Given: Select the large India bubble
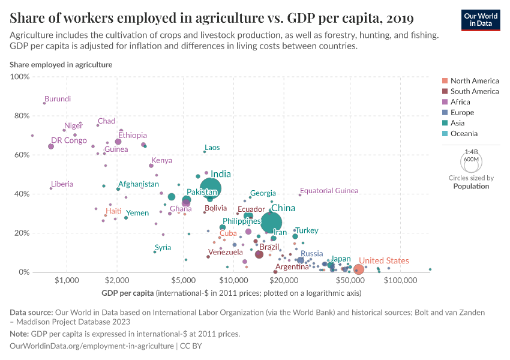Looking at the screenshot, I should [x=211, y=188].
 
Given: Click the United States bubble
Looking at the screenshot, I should [x=358, y=270].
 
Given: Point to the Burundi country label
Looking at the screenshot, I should [x=58, y=99].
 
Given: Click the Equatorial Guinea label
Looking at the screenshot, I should [x=329, y=191].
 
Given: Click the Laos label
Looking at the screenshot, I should [x=212, y=148].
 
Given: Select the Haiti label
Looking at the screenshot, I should [x=113, y=212].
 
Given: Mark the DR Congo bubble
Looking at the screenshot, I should [x=51, y=146].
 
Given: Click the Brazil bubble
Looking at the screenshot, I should [x=259, y=254].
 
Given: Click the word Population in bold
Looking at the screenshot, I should [x=471, y=186].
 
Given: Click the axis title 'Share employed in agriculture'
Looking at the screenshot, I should [x=61, y=64].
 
